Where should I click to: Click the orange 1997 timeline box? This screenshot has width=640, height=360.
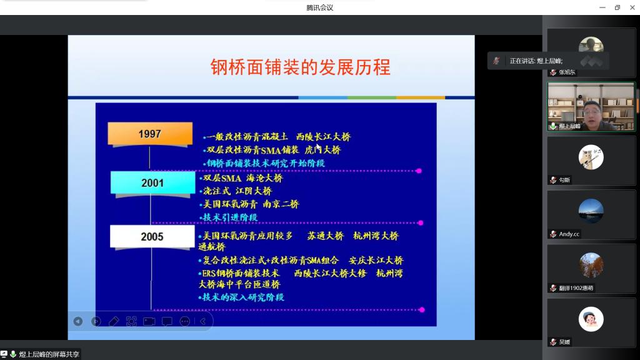coord(150,134)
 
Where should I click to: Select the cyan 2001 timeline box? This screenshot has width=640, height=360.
coord(152,182)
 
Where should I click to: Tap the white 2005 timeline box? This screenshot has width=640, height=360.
coord(152,236)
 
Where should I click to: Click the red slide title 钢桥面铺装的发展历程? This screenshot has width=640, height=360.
coord(301,67)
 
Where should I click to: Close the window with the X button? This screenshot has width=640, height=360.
coord(632,7)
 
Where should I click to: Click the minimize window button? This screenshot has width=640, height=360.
coord(602,7)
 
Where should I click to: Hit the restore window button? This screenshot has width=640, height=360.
coord(617,7)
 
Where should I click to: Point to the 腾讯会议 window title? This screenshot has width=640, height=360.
coord(320,7)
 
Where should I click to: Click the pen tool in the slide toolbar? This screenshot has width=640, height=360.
coord(114,321)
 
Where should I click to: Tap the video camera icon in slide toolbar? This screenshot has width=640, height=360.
coord(149,321)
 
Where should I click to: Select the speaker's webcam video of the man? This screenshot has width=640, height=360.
coord(591,106)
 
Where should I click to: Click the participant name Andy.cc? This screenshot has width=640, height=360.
coord(569,234)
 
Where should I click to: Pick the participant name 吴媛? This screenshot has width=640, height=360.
coord(564,342)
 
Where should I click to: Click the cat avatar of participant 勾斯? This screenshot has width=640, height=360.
coord(591,157)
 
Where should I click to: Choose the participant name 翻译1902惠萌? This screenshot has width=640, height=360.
coord(576,287)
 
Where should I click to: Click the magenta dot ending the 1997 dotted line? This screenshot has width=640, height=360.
coord(419,171)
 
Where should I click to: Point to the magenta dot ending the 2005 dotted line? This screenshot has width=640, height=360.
coord(422,310)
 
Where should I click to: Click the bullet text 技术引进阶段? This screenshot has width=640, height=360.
coord(230,217)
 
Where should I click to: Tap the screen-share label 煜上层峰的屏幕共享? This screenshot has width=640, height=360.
coord(49,354)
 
